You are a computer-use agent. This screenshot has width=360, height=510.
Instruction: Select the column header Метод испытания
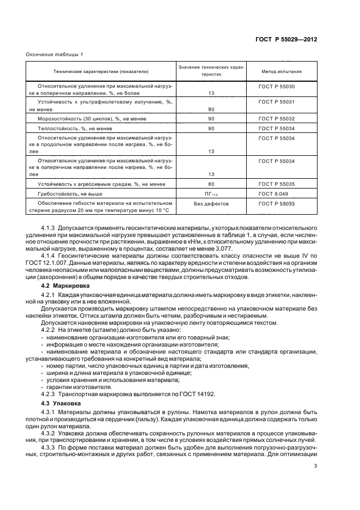click(x=281, y=72)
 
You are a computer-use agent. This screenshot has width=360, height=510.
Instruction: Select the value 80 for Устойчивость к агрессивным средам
click(x=211, y=184)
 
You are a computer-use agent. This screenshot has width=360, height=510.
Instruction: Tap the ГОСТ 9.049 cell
click(x=278, y=193)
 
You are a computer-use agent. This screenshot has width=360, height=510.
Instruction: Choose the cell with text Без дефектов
click(x=211, y=204)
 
